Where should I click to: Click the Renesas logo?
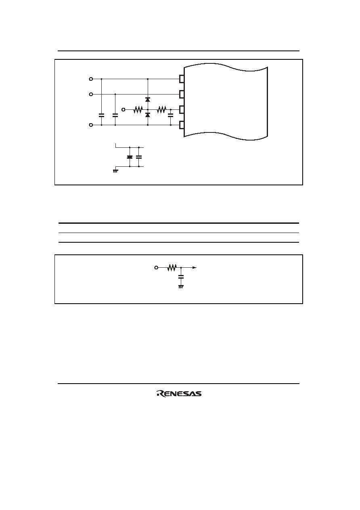point(179,394)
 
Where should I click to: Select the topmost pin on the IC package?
point(182,79)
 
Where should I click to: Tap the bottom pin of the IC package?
point(182,125)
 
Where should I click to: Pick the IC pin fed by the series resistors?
point(182,109)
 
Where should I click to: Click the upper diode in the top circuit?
point(148,99)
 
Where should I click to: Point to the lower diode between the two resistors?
point(148,115)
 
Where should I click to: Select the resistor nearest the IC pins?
point(161,109)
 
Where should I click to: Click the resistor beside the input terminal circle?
point(138,109)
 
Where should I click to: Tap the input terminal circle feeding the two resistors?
point(123,109)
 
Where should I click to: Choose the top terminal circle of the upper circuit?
point(91,79)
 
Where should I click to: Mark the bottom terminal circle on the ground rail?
point(91,125)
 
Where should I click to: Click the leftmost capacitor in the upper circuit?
point(101,115)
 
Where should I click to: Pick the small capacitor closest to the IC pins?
point(171,115)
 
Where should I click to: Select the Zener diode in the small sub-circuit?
point(130,157)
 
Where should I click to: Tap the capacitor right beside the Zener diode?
point(139,157)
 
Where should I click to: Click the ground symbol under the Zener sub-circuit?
point(115,171)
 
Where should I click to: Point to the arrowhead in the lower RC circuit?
point(195,268)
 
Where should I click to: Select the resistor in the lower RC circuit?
point(172,268)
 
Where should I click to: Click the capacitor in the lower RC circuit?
point(181,277)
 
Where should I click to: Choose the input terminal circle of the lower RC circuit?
point(156,268)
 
